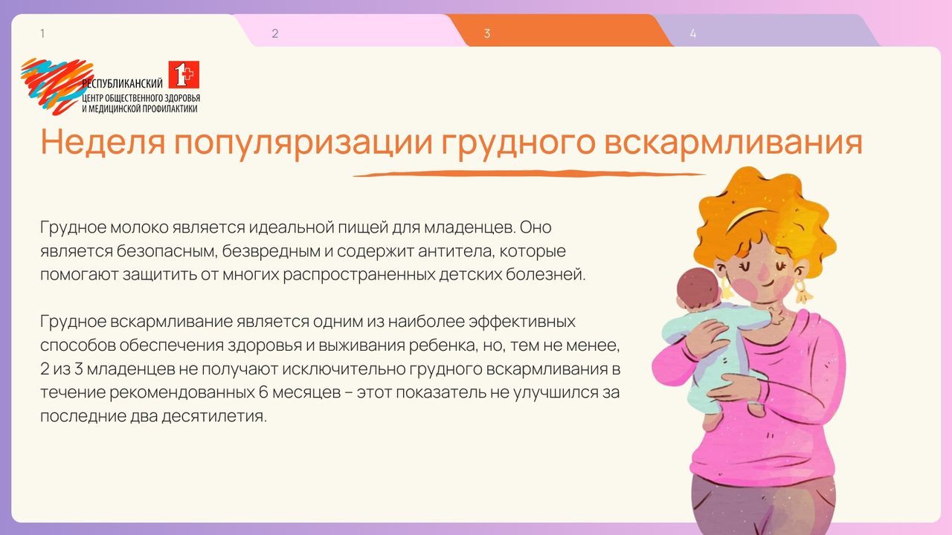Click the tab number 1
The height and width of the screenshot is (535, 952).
pos(42,33)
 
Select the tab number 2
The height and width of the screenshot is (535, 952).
pos(275,33)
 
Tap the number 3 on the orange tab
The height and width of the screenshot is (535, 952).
pos(487,33)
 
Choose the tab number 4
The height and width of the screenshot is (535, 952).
pos(692,33)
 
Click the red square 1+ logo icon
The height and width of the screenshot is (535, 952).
pos(184,75)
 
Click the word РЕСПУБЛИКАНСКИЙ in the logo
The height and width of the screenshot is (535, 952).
pos(123,83)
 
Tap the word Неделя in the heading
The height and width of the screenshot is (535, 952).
pos(103,142)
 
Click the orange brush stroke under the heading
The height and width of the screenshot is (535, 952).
pos(529,174)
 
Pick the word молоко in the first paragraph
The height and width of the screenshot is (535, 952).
pos(139,227)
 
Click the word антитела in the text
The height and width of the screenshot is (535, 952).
pos(456,251)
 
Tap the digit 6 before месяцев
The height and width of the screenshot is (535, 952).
pos(263,392)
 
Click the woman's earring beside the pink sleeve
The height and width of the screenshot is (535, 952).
pos(803,291)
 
